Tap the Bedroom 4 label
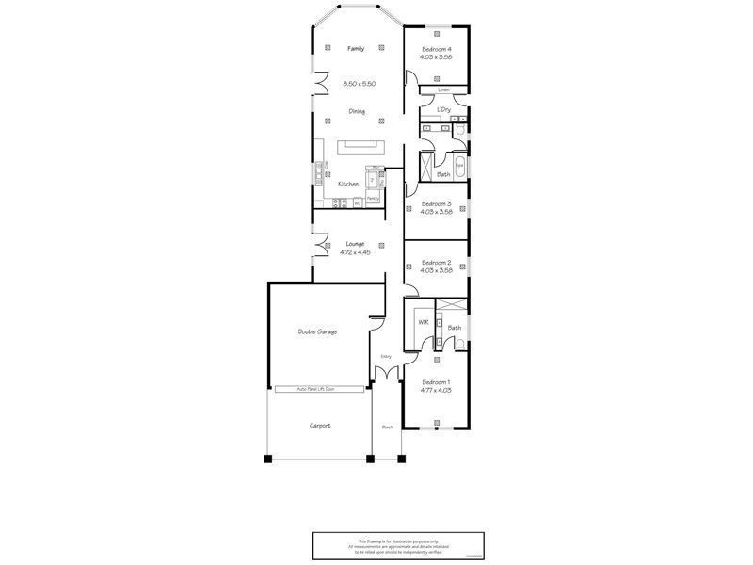(436, 48)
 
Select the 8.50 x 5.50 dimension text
(360, 84)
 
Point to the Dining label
(357, 111)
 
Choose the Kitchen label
(348, 184)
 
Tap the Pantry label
(373, 199)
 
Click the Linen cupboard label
(443, 90)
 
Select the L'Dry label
(442, 110)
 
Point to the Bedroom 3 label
(436, 203)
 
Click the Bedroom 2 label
(436, 262)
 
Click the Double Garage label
(317, 331)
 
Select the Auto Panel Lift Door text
(316, 389)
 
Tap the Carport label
(320, 426)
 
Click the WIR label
(423, 323)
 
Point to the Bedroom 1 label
(436, 381)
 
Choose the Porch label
(386, 427)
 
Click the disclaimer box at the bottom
(391, 546)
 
